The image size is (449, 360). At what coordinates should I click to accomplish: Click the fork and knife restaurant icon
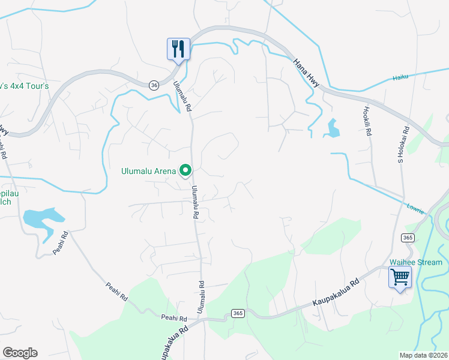point(178,48)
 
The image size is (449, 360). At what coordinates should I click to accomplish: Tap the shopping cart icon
point(400,277)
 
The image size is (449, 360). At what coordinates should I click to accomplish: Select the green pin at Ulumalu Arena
point(186,171)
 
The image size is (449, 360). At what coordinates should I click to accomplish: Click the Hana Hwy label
point(307,72)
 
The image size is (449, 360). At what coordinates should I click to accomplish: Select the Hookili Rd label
point(367,120)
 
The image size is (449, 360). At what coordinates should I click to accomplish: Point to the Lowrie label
point(415,209)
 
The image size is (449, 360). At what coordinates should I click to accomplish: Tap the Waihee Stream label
point(416,262)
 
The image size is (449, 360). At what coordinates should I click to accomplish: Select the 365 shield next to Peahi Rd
point(237,314)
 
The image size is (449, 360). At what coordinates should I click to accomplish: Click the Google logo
point(20,353)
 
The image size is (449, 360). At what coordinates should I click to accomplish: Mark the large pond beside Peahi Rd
point(42,218)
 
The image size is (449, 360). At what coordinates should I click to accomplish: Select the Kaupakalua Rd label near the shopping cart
point(336,294)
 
